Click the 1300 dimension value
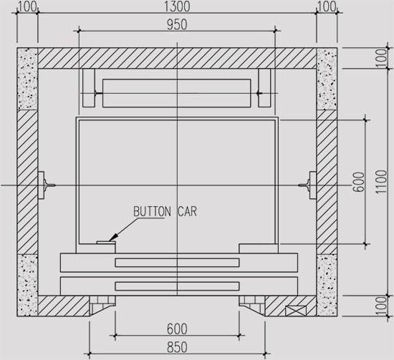(x=177, y=7)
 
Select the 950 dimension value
(x=177, y=24)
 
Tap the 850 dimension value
(x=177, y=348)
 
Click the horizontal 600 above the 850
(x=177, y=329)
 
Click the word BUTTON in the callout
(x=151, y=212)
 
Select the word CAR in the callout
(x=185, y=212)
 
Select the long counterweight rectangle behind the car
(x=177, y=93)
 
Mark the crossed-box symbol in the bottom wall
(x=295, y=311)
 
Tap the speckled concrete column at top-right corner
(x=327, y=79)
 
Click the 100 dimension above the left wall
(x=27, y=7)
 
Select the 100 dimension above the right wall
(x=327, y=7)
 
